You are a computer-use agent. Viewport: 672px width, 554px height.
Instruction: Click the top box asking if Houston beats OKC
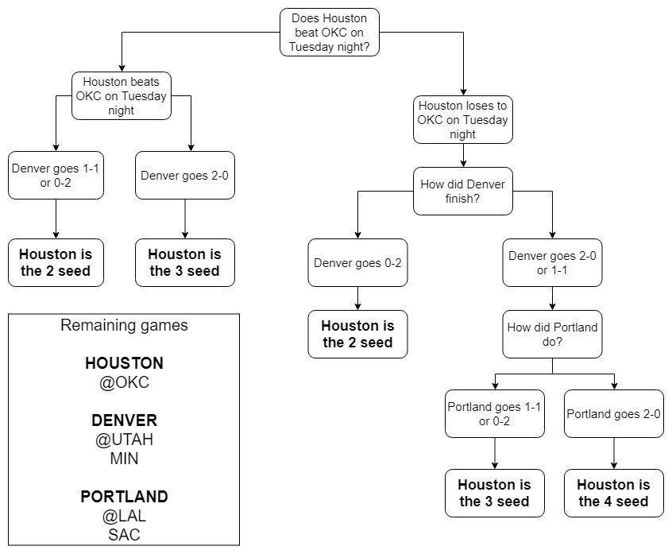pos(330,33)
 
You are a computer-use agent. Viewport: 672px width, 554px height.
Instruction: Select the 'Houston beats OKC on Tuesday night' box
pos(121,96)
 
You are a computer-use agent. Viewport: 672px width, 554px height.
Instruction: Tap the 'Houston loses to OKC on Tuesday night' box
pos(463,119)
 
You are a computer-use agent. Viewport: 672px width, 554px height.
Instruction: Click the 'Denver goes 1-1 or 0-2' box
pos(55,175)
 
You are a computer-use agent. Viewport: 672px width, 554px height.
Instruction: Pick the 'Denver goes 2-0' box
pos(185,175)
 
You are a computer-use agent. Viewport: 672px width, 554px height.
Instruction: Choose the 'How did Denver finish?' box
pos(463,191)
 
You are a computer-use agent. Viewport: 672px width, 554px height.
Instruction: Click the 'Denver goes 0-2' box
pos(357,262)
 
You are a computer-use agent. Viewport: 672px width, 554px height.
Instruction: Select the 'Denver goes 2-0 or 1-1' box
pos(552,262)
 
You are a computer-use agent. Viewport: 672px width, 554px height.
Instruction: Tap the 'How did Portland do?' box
pos(552,334)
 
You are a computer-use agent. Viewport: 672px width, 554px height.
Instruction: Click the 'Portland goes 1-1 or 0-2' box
pos(494,413)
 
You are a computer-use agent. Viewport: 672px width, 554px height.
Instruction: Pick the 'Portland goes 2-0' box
pos(613,413)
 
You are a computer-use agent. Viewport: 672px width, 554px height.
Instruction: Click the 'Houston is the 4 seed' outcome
pos(613,493)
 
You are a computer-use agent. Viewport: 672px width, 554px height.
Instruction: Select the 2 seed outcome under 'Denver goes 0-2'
pos(357,334)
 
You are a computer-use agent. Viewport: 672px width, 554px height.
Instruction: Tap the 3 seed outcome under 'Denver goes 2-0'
pos(185,262)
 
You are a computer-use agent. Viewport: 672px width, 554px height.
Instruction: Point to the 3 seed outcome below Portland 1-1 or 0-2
pos(494,493)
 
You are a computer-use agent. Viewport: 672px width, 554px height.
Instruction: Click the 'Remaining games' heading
pos(124,325)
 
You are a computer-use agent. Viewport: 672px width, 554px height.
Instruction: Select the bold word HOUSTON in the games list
pos(124,363)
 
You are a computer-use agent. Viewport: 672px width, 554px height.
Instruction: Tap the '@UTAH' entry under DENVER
pos(124,439)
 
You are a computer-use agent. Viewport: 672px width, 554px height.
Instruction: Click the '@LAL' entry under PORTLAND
pos(124,515)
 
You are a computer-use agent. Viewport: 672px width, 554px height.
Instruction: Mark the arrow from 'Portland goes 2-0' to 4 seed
pos(613,453)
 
